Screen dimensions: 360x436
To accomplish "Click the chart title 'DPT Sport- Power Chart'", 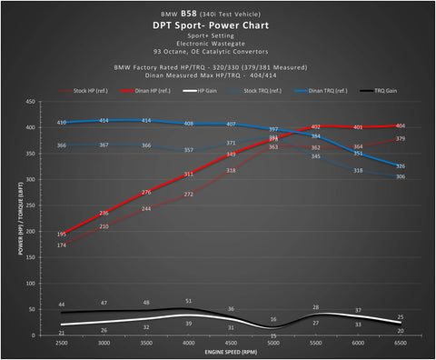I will (217, 26).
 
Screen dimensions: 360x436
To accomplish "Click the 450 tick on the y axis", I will (32, 103).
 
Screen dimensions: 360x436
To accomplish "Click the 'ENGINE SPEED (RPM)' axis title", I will (231, 351).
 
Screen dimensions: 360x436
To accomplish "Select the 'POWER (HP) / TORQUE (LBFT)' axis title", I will (18, 219).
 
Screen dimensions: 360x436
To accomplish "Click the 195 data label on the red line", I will (61, 234).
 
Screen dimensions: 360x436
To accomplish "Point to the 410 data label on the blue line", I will (61, 123).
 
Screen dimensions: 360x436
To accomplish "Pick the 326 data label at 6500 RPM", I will (401, 166).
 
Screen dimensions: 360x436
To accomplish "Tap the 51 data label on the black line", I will (188, 301).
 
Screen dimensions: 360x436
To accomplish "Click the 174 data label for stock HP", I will (61, 245).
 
